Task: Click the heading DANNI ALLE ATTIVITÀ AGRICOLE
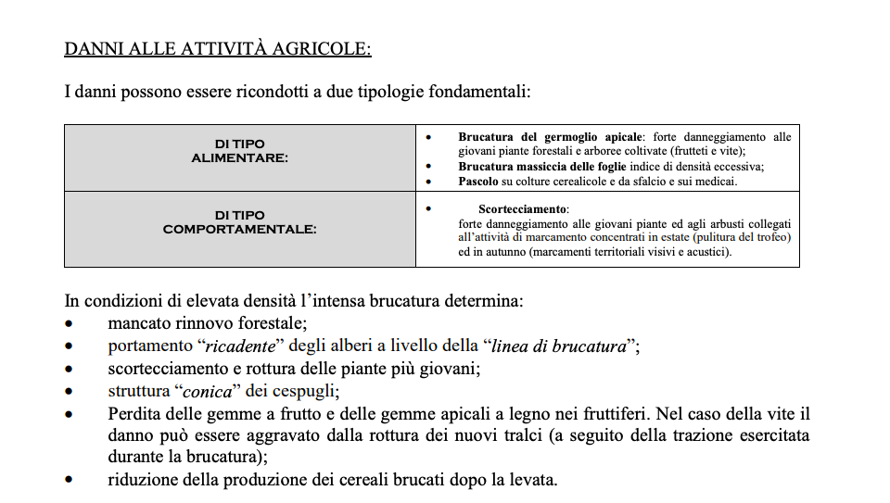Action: click(x=217, y=48)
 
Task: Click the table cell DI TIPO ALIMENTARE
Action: click(x=239, y=151)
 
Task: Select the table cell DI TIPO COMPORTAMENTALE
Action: click(x=239, y=222)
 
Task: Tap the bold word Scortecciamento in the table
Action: click(x=523, y=209)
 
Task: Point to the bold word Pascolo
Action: click(x=479, y=182)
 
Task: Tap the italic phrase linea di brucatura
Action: click(x=557, y=346)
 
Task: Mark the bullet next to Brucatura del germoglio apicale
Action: click(x=427, y=137)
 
